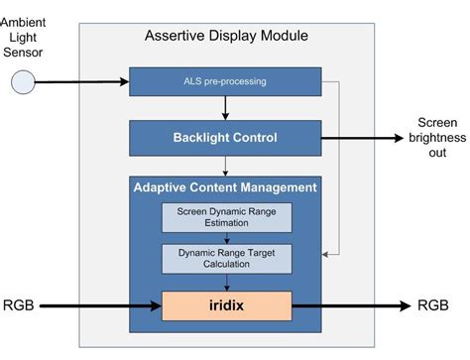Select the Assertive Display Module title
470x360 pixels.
[226, 37]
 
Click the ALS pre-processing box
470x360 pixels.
[225, 80]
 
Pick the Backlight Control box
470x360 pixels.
[226, 139]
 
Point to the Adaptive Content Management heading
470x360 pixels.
[225, 186]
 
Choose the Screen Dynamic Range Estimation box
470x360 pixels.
[226, 218]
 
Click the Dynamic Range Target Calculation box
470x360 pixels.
[226, 258]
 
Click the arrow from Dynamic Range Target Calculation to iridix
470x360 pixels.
[226, 282]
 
